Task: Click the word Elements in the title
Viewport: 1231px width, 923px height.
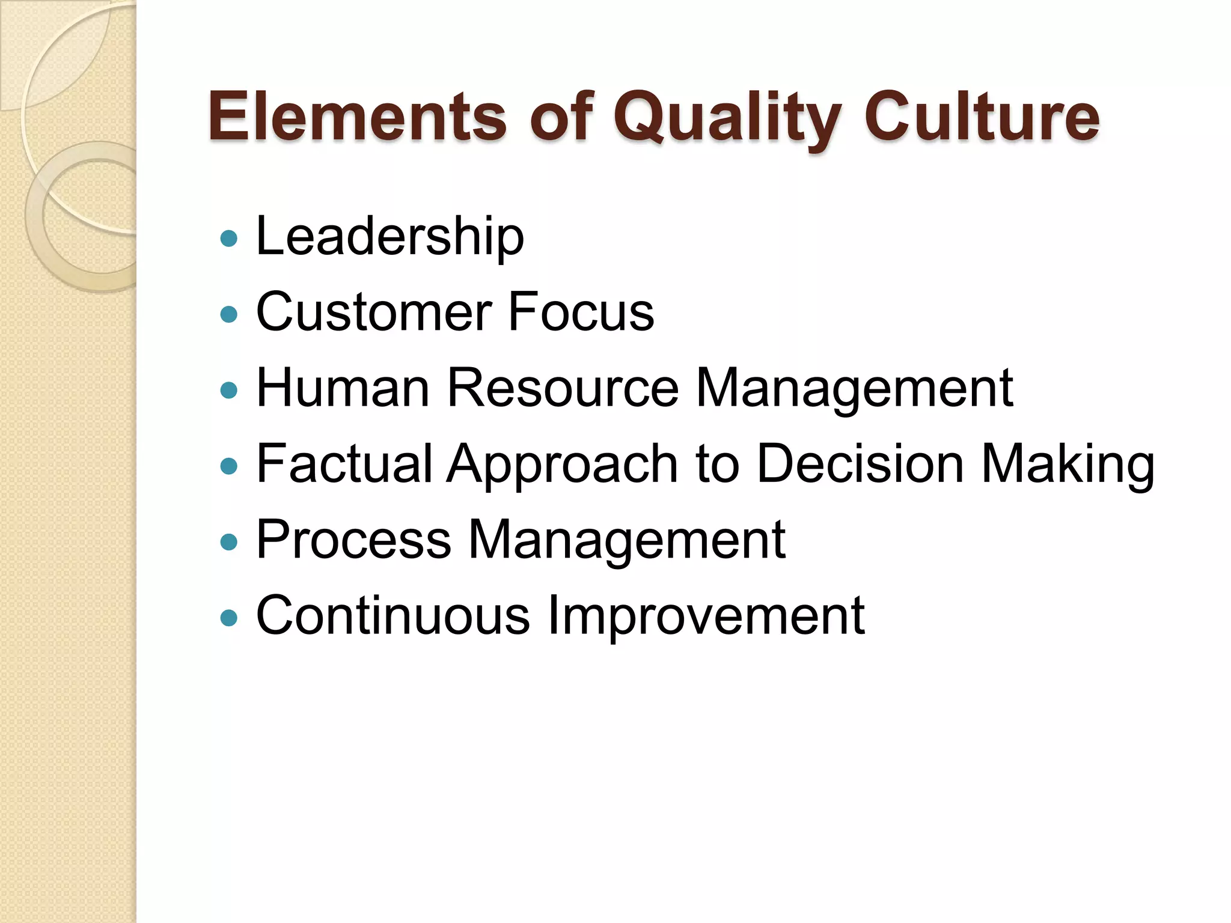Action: (x=357, y=117)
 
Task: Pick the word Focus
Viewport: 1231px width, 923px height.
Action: (x=581, y=312)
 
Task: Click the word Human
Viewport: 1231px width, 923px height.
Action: (x=343, y=388)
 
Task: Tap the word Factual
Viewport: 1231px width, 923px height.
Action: (x=344, y=464)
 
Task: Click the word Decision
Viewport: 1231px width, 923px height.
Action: (x=860, y=464)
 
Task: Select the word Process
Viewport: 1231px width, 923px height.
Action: (x=353, y=540)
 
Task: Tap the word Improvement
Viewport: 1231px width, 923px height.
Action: (x=706, y=617)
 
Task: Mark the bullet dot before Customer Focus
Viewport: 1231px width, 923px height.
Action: (x=229, y=314)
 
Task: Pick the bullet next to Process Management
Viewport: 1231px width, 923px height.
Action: (x=229, y=542)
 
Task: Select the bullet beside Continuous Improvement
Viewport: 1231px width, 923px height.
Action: (x=229, y=618)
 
